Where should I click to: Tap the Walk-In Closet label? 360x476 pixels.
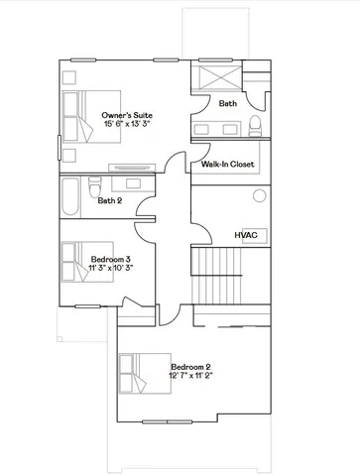click(228, 164)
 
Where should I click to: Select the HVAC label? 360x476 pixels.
click(246, 235)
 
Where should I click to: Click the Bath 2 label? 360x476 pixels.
click(110, 201)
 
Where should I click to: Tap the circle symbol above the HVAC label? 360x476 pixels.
click(259, 196)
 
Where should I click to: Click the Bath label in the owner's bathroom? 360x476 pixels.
click(228, 103)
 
